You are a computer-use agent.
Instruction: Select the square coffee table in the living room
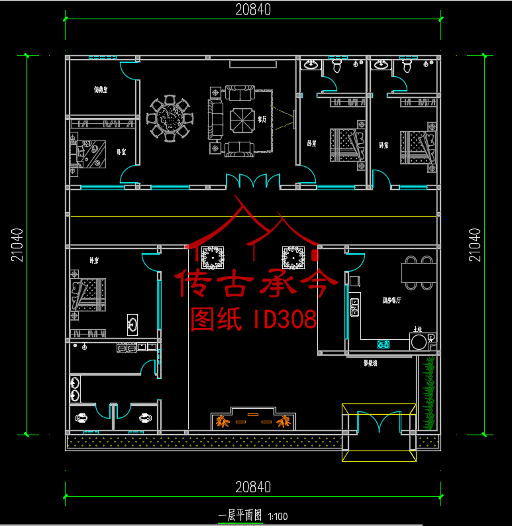point(238,120)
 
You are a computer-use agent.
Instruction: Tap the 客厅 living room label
point(262,120)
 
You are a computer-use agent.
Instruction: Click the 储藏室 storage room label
point(100,89)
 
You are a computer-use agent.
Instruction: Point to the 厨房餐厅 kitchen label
point(390,299)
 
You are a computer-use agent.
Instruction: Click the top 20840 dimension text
point(252,9)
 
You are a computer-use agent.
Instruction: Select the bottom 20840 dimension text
point(252,488)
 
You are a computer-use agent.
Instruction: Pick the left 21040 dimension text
point(17,245)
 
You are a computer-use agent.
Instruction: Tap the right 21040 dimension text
point(474,245)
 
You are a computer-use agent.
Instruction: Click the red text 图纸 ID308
point(254,320)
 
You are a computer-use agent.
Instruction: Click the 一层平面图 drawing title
point(240,515)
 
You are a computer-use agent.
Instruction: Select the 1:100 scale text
point(278,516)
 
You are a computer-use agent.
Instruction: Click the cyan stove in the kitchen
point(383,344)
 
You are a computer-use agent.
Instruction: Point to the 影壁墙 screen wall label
point(371,363)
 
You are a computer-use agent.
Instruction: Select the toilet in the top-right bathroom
point(406,66)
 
